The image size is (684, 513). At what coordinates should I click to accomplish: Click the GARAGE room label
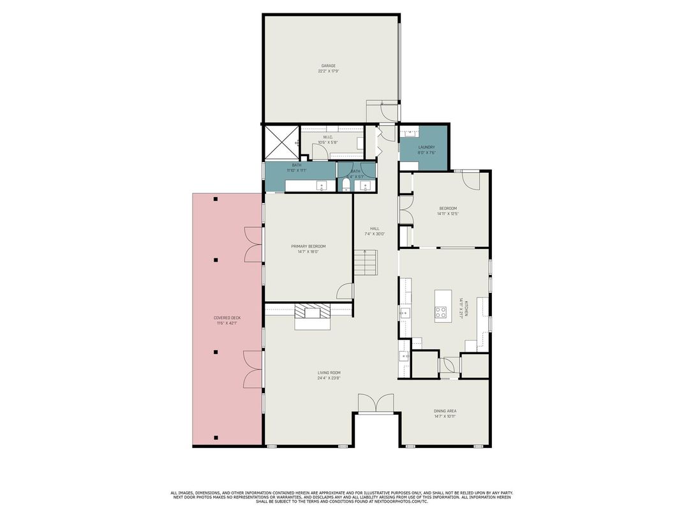coord(328,66)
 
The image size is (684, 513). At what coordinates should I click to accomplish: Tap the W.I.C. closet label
coord(328,137)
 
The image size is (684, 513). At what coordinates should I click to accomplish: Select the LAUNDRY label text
coord(426,147)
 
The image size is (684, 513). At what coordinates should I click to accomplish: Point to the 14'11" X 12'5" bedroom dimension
coord(448,214)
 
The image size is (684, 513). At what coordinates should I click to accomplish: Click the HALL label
coord(375,228)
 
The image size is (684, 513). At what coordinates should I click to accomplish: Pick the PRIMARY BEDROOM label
coord(308,246)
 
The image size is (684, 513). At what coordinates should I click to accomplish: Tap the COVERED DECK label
coord(227,318)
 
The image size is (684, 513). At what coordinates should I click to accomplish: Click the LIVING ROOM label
coord(329,373)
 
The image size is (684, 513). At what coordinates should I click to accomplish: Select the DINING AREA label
coord(444,411)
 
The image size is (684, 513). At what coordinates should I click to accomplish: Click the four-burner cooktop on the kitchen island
coord(441,312)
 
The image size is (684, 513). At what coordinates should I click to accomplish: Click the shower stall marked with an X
coord(280,142)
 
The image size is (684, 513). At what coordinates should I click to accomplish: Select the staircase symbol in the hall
coord(366,262)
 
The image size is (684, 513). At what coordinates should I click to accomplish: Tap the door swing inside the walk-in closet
coord(319,151)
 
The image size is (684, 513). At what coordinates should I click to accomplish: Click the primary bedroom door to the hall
coord(345,291)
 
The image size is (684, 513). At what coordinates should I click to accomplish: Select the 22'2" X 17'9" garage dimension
coord(328,71)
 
